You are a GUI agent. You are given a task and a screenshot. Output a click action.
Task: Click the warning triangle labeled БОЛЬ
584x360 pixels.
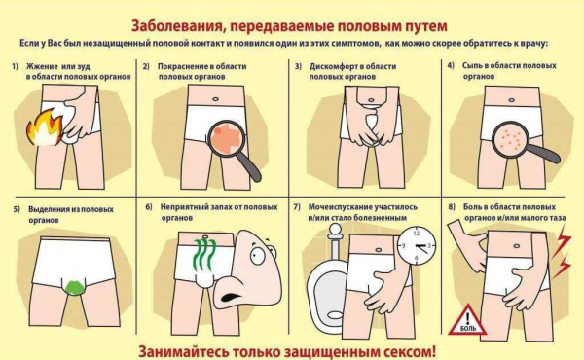tap(466, 320)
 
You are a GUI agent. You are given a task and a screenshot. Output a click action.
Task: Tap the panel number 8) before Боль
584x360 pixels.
tap(451, 207)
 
